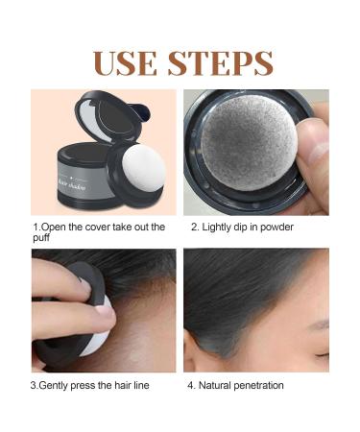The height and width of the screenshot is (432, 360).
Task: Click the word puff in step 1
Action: point(43,240)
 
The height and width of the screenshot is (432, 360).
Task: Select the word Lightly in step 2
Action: point(218,228)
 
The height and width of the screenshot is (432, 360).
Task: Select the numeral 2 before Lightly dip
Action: point(193,228)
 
